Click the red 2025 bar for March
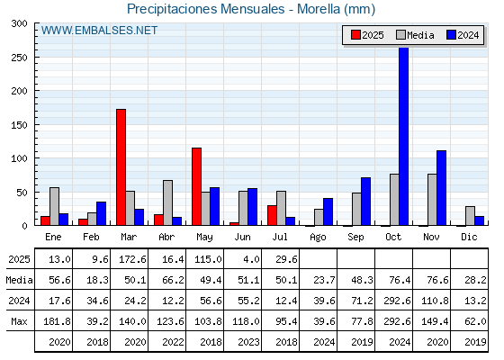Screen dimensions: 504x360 (121, 167)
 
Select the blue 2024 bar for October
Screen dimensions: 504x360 (404, 136)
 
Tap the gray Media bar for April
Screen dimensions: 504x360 (167, 202)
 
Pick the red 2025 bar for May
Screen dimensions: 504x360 (197, 187)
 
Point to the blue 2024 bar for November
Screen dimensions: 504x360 (441, 188)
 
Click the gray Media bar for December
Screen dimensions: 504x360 (470, 216)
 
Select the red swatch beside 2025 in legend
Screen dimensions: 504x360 (355, 35)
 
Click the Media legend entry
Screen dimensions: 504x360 (415, 35)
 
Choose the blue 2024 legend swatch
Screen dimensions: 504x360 (451, 35)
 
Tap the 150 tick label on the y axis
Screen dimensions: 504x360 (19, 125)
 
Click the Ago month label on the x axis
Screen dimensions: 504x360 (318, 238)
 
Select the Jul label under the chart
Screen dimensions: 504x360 (280, 237)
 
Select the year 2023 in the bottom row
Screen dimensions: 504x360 (248, 342)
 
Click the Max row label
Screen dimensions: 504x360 (19, 321)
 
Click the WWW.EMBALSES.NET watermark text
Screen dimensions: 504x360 (99, 31)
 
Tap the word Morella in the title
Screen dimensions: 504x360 (319, 9)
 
